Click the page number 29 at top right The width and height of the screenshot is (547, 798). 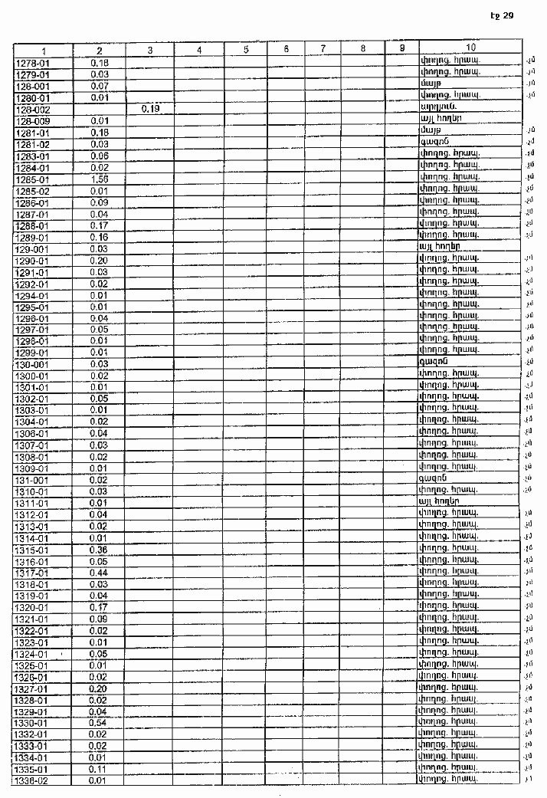[507, 15]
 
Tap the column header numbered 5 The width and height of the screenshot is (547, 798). [246, 50]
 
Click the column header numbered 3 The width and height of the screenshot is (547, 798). [149, 50]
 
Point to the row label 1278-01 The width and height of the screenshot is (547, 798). [32, 62]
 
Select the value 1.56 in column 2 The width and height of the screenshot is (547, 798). [98, 179]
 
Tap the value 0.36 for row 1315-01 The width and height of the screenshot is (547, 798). [98, 550]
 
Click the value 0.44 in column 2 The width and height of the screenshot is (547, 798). [98, 573]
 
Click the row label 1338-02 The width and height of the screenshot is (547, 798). [32, 780]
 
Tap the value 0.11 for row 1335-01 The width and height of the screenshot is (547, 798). [98, 769]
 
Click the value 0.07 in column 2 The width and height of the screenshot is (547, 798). [98, 85]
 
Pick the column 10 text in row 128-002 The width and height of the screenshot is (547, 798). [439, 110]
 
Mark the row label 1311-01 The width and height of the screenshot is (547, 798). [32, 503]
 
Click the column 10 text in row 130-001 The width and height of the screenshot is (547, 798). [434, 363]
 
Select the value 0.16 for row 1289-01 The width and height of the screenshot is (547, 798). [98, 237]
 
